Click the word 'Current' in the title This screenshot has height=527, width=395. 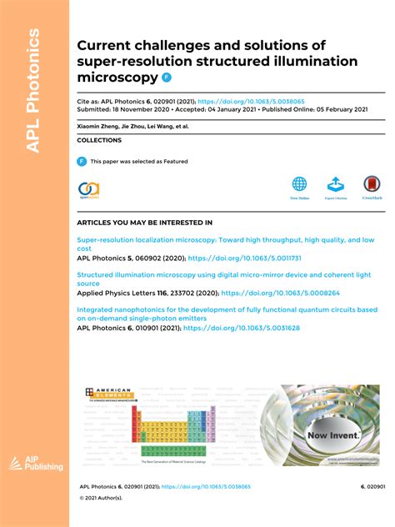106,45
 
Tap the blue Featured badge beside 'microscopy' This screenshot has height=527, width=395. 166,78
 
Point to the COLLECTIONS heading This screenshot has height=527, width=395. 99,140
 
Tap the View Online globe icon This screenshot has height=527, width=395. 299,184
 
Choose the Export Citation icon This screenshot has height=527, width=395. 334,184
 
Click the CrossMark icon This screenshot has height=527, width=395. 372,184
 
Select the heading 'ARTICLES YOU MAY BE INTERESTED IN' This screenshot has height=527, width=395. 144,223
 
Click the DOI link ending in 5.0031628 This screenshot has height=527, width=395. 241,328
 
